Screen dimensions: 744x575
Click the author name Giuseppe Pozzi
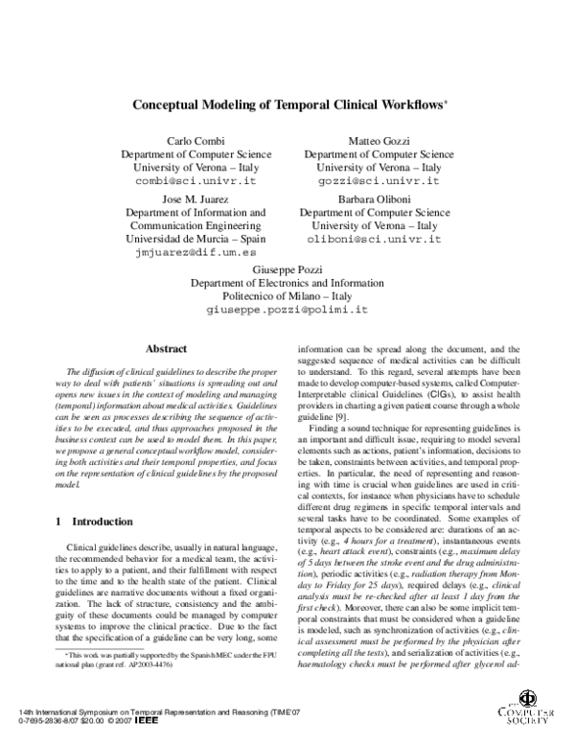[x=287, y=269]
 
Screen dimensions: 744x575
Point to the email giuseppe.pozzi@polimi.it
[x=287, y=311]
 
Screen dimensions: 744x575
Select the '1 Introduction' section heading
[x=94, y=522]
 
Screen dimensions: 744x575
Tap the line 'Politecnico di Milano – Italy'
[x=287, y=297]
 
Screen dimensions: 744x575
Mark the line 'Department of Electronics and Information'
[x=287, y=284]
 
